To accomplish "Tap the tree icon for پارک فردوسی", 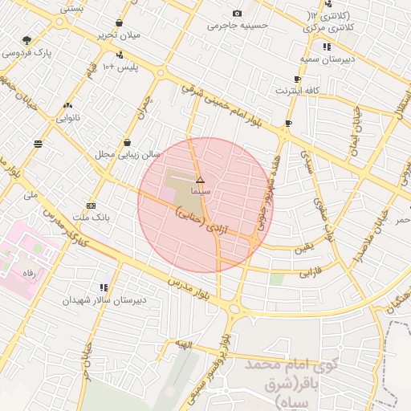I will (27, 40).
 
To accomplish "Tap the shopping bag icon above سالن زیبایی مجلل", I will (127, 142).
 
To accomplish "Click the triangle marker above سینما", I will (200, 181).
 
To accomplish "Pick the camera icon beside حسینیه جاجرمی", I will (237, 14).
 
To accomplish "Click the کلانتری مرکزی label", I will (332, 27).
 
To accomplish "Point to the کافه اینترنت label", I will (296, 91).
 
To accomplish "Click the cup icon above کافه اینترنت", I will (298, 79).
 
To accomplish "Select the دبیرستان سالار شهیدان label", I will (106, 299).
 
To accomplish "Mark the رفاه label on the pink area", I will (29, 273).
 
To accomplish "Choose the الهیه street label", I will (185, 344).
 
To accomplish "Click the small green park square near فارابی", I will (277, 279).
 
